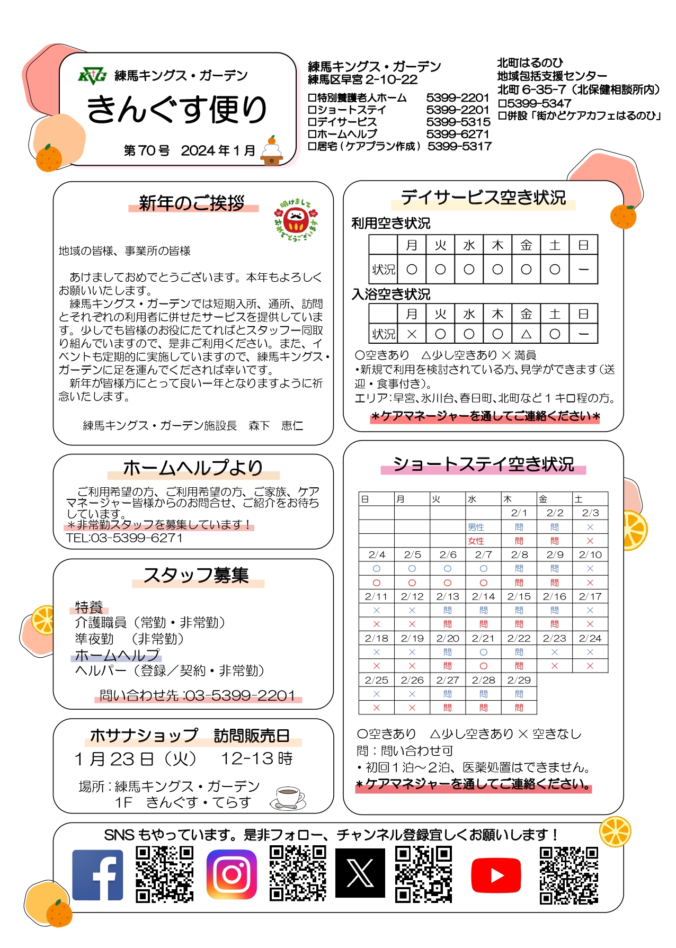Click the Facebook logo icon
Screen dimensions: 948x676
click(97, 875)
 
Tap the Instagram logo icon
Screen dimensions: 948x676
click(232, 874)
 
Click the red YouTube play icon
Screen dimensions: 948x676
click(495, 875)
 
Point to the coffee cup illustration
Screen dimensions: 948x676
click(288, 798)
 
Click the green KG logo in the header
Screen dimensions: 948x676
click(92, 76)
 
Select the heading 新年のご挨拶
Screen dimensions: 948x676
click(192, 203)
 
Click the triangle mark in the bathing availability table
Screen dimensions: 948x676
click(526, 334)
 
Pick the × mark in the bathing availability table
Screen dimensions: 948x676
click(412, 334)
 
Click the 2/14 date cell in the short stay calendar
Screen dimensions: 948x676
click(483, 596)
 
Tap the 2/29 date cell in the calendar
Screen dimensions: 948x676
click(519, 680)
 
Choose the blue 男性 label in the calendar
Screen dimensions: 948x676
click(476, 527)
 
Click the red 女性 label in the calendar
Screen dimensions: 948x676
click(476, 541)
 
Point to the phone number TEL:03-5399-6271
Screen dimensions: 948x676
click(124, 538)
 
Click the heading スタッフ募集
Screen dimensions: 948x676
click(196, 575)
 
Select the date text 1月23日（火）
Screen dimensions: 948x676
click(135, 759)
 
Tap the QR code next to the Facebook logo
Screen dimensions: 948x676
click(165, 874)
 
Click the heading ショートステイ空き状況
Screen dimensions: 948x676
click(483, 464)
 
